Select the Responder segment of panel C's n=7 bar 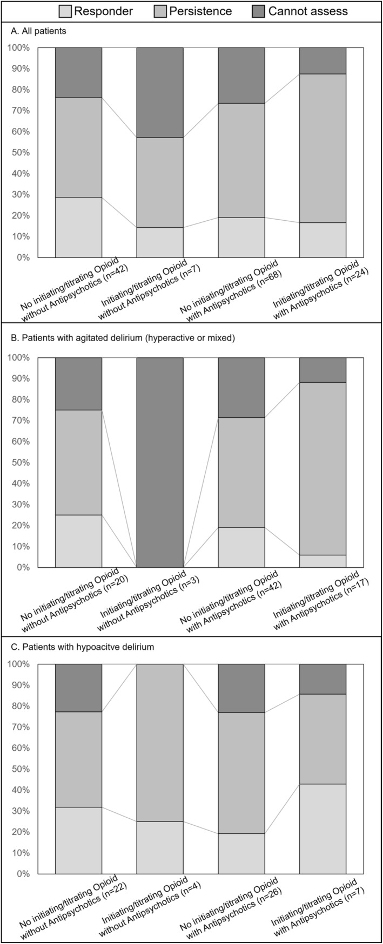322,828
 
